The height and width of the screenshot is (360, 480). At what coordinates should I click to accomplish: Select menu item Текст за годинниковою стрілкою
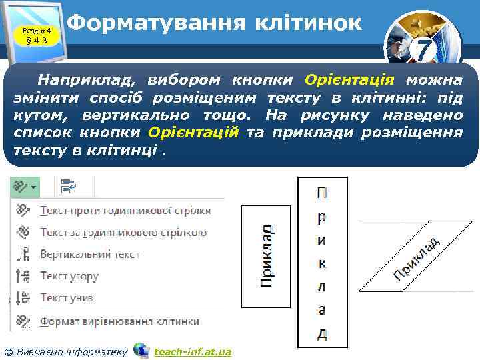[x=123, y=233]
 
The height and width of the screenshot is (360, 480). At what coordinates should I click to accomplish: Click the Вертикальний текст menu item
[x=89, y=254]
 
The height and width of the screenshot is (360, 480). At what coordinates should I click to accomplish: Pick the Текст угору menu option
[x=69, y=275]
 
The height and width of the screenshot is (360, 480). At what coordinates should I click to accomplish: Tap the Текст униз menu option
[x=66, y=297]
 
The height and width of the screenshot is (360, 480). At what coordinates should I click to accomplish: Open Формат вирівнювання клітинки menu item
[x=119, y=321]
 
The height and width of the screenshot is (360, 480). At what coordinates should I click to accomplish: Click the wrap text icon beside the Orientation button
[x=68, y=187]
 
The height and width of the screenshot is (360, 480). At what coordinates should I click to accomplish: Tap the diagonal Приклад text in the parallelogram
[x=415, y=257]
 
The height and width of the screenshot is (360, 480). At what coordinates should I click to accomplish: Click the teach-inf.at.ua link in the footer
[x=192, y=351]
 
